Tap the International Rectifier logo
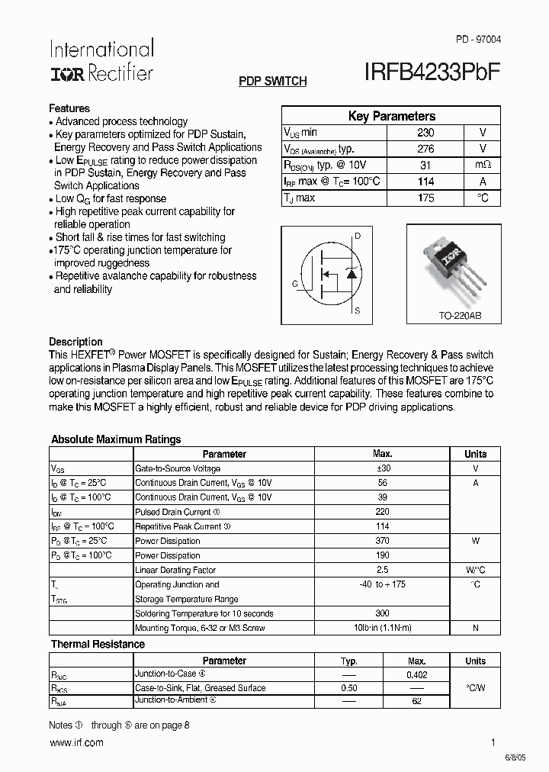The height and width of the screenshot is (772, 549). (x=101, y=61)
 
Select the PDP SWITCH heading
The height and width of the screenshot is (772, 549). (x=272, y=81)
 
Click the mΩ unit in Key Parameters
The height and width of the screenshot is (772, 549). (x=483, y=166)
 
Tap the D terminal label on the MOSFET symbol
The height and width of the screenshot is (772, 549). (x=357, y=236)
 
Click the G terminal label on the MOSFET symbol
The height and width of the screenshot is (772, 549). (x=294, y=284)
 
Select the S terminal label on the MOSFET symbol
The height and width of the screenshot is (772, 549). (x=357, y=311)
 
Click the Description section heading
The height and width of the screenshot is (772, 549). (x=75, y=342)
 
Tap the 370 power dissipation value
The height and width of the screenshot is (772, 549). (x=382, y=541)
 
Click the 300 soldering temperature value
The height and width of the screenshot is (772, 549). (x=382, y=613)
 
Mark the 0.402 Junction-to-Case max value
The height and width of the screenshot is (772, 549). (x=417, y=674)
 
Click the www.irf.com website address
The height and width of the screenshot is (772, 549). (x=75, y=743)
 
